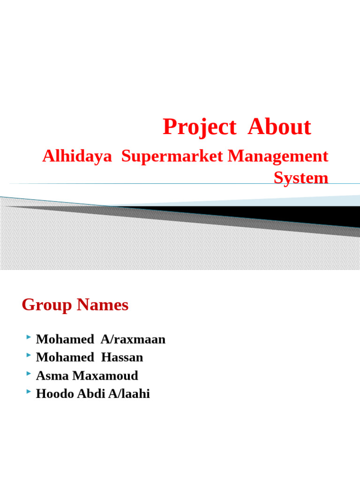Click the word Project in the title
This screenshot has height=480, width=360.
pos(199,127)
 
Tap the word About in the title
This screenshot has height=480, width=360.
pos(279,127)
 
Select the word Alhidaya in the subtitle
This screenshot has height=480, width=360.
pos(77,157)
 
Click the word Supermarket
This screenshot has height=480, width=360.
pos(173,157)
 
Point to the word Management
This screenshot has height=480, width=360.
pos(278,157)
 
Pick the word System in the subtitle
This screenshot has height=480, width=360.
pos(301,178)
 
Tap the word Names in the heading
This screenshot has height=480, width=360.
pos(103,305)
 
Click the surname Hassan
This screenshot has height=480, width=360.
pos(122,358)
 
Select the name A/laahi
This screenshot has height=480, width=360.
pos(129,394)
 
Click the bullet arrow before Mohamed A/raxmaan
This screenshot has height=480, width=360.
pos(29,337)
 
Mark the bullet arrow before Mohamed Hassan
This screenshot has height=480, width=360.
pos(29,356)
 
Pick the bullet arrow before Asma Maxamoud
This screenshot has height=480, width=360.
pos(29,374)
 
